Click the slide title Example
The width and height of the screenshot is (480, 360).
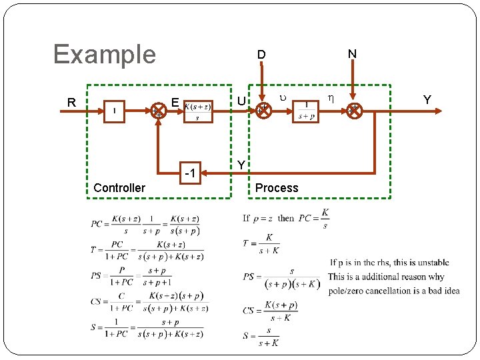coord(104,54)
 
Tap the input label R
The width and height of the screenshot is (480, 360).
coord(71,103)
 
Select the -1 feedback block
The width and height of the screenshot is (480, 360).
coord(189,174)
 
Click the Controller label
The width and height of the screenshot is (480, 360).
coord(119,188)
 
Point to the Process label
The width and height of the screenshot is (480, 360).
coord(277,188)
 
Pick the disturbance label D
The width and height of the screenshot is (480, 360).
coord(262,54)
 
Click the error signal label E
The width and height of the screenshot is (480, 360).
coord(174,103)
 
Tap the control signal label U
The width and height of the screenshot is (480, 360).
coord(241,101)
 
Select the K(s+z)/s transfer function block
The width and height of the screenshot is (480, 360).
coord(197,111)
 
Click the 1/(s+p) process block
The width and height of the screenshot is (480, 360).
coord(307,111)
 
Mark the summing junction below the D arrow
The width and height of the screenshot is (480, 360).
coord(264,111)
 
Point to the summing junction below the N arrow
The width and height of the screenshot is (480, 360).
coord(354,111)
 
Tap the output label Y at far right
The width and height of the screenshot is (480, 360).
coord(427,101)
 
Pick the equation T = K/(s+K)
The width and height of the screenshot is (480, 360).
coord(261,245)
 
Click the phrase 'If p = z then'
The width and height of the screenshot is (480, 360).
coord(269,217)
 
